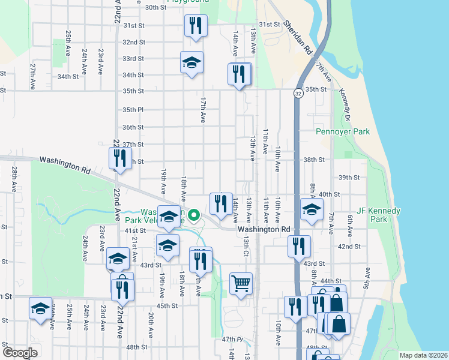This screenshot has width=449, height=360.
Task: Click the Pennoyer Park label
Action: [x=343, y=131]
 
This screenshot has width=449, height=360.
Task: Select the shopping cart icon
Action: [x=241, y=283]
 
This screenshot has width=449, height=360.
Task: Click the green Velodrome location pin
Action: [x=194, y=214]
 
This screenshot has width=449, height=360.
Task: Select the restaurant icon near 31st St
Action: [x=196, y=26]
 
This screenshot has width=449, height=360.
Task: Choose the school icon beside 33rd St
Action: [x=191, y=62]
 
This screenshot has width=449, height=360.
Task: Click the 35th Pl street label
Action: [x=133, y=110]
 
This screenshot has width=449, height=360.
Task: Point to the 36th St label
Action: [x=133, y=127]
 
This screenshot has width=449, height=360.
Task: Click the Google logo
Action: [x=20, y=353]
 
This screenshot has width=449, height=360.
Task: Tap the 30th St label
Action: [x=155, y=7]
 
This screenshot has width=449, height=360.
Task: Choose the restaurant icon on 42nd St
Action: [x=298, y=246]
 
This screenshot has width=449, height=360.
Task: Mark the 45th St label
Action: [x=166, y=305]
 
